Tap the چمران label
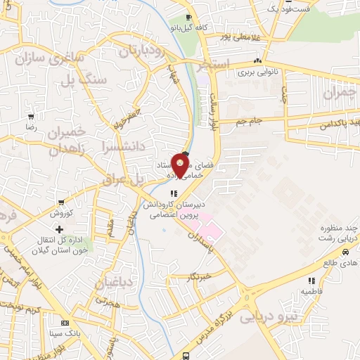point(340,92)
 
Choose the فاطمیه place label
point(311,288)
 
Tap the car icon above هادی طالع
point(345,251)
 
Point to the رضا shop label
point(30,129)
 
